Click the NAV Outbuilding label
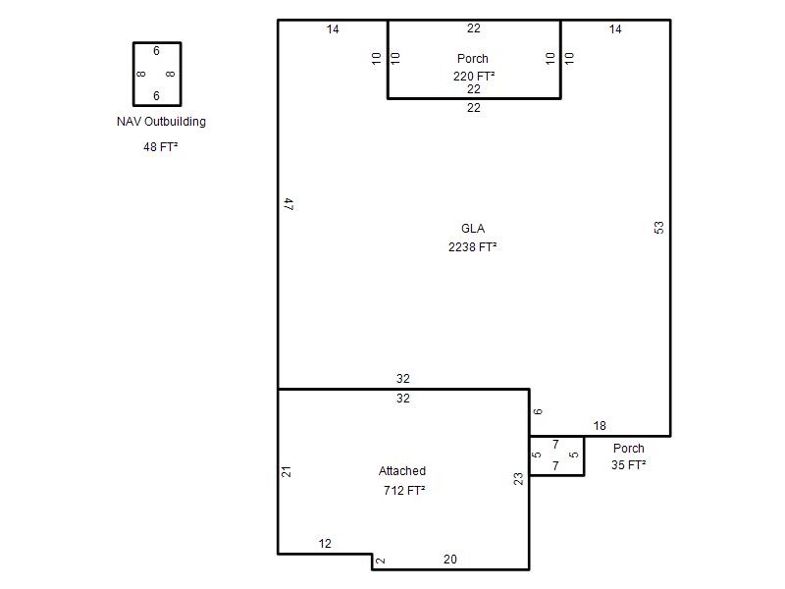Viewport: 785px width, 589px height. pyautogui.click(x=161, y=122)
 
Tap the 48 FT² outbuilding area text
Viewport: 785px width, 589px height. pyautogui.click(x=160, y=146)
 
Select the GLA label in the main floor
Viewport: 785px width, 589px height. pyautogui.click(x=473, y=229)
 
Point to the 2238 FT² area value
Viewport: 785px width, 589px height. pyautogui.click(x=473, y=247)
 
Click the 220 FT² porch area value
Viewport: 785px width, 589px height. pyautogui.click(x=474, y=77)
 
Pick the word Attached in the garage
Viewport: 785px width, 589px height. pyautogui.click(x=402, y=471)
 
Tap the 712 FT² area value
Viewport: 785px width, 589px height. pyautogui.click(x=404, y=490)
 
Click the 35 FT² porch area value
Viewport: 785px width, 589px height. pyautogui.click(x=628, y=464)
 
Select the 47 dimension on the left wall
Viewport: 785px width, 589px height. pyautogui.click(x=288, y=204)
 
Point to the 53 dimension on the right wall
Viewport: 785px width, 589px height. pyautogui.click(x=658, y=228)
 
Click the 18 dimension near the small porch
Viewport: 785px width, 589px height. pyautogui.click(x=600, y=426)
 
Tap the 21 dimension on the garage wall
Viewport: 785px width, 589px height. pyautogui.click(x=286, y=471)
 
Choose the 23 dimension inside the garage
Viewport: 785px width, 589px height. pyautogui.click(x=518, y=479)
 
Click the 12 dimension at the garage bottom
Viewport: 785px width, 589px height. pyautogui.click(x=325, y=544)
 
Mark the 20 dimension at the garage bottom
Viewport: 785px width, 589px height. pyautogui.click(x=450, y=560)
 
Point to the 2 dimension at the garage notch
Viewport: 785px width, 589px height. pyautogui.click(x=381, y=561)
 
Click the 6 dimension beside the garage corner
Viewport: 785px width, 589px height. pyautogui.click(x=538, y=411)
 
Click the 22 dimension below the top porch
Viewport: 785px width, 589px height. pyautogui.click(x=474, y=108)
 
